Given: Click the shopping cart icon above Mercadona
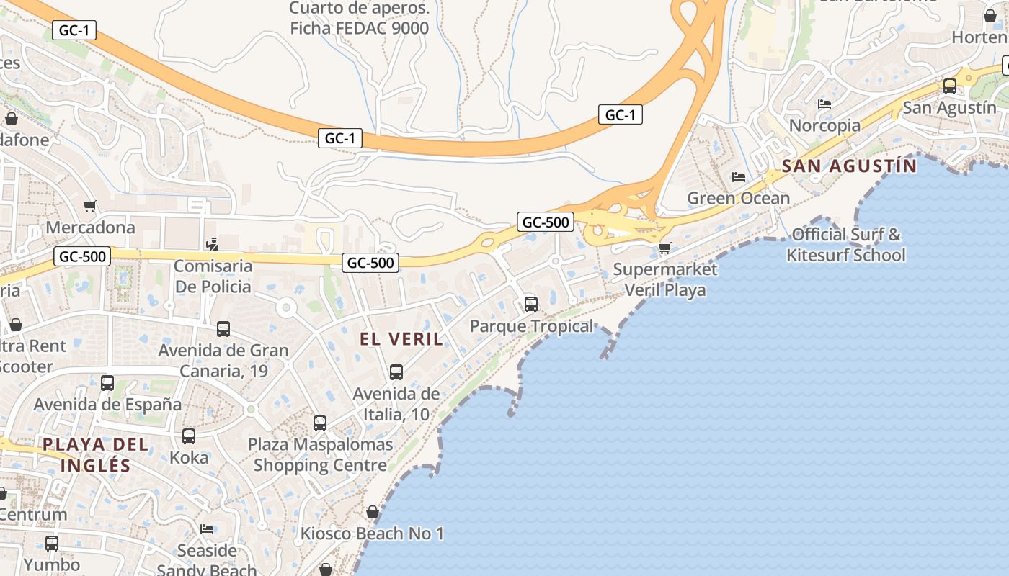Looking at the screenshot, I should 90,207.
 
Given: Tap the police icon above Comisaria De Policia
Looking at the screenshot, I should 212,245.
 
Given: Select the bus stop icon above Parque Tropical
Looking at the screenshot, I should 531,305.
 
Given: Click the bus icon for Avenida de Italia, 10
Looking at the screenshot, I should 396,372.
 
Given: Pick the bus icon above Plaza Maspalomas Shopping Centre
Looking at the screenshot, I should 320,423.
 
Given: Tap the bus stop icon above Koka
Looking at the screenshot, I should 189,436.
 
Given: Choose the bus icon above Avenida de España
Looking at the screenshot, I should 107,383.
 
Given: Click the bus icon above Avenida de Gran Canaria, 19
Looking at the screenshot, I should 223,329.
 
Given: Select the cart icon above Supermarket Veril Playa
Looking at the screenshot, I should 664,248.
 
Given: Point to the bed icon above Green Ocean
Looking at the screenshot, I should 739,177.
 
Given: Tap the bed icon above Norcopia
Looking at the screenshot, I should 824,104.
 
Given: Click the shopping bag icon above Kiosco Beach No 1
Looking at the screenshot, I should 373,513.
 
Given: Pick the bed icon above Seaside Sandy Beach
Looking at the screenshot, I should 207,529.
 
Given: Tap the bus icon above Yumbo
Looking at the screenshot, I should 52,544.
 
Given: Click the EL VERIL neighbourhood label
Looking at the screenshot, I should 401,338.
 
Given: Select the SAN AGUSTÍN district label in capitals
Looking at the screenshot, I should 849,166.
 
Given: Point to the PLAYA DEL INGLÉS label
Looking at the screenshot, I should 96,454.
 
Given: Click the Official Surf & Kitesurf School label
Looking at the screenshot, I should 846,245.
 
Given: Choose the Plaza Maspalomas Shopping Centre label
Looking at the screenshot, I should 321,454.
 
